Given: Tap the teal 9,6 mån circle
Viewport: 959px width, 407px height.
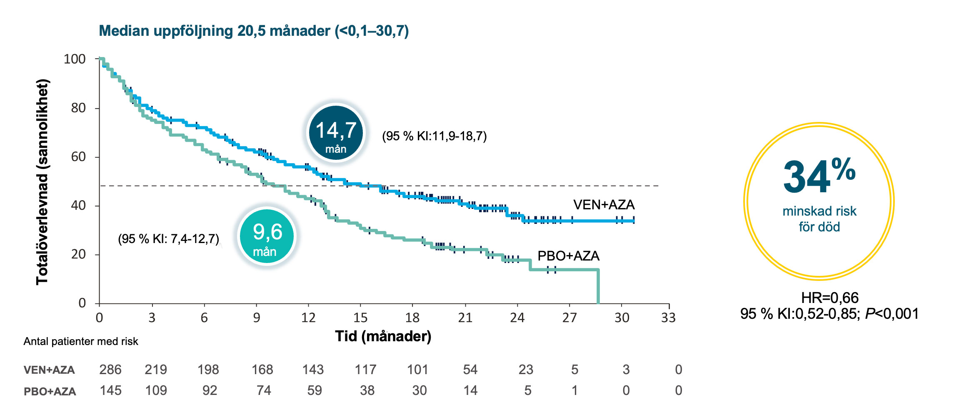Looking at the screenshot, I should [x=267, y=236].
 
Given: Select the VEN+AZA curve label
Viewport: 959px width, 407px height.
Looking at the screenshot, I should [x=604, y=205].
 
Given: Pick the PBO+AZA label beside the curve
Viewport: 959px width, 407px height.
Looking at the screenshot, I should [x=568, y=256].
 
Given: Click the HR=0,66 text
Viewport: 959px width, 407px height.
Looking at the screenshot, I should [x=829, y=298].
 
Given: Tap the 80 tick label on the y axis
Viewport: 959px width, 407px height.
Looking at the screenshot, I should [x=78, y=108].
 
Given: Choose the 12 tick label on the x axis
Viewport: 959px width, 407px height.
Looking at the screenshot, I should [x=308, y=318].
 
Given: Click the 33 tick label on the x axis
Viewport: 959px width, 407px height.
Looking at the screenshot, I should [x=668, y=318].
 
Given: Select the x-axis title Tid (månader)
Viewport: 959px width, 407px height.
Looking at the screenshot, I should [x=383, y=336].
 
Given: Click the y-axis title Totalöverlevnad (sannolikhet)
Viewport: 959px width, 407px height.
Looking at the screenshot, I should [x=42, y=181].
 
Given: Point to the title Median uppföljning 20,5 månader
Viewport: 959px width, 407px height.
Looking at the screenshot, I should [x=254, y=31].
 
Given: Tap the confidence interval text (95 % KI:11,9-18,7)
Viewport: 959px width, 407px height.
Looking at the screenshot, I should [x=434, y=136].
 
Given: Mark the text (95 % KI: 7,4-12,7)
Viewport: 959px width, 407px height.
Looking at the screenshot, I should [x=168, y=239].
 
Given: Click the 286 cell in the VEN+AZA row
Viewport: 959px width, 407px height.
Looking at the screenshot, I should [x=110, y=370].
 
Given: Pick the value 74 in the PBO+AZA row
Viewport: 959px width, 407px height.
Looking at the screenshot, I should [x=264, y=390].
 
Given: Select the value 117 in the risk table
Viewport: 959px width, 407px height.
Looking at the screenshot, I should [x=365, y=370].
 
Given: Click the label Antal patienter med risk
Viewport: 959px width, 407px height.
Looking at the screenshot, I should [x=81, y=342].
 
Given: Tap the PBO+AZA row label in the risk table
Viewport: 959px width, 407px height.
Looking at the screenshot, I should [x=50, y=391].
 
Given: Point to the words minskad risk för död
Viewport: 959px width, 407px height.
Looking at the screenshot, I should [x=819, y=219].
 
